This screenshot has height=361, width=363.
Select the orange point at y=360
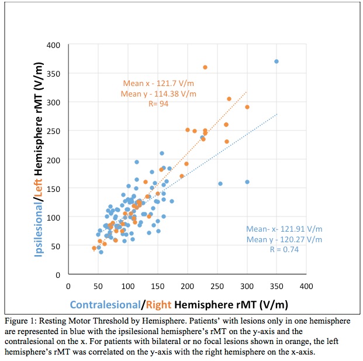pyautogui.click(x=205, y=67)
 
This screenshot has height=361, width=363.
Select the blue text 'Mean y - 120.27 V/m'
pyautogui.click(x=284, y=239)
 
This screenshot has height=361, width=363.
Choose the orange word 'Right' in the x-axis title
pyautogui.click(x=159, y=304)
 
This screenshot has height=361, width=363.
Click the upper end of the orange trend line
pyautogui.click(x=247, y=92)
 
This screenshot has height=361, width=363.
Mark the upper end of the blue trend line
pyautogui.click(x=276, y=114)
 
